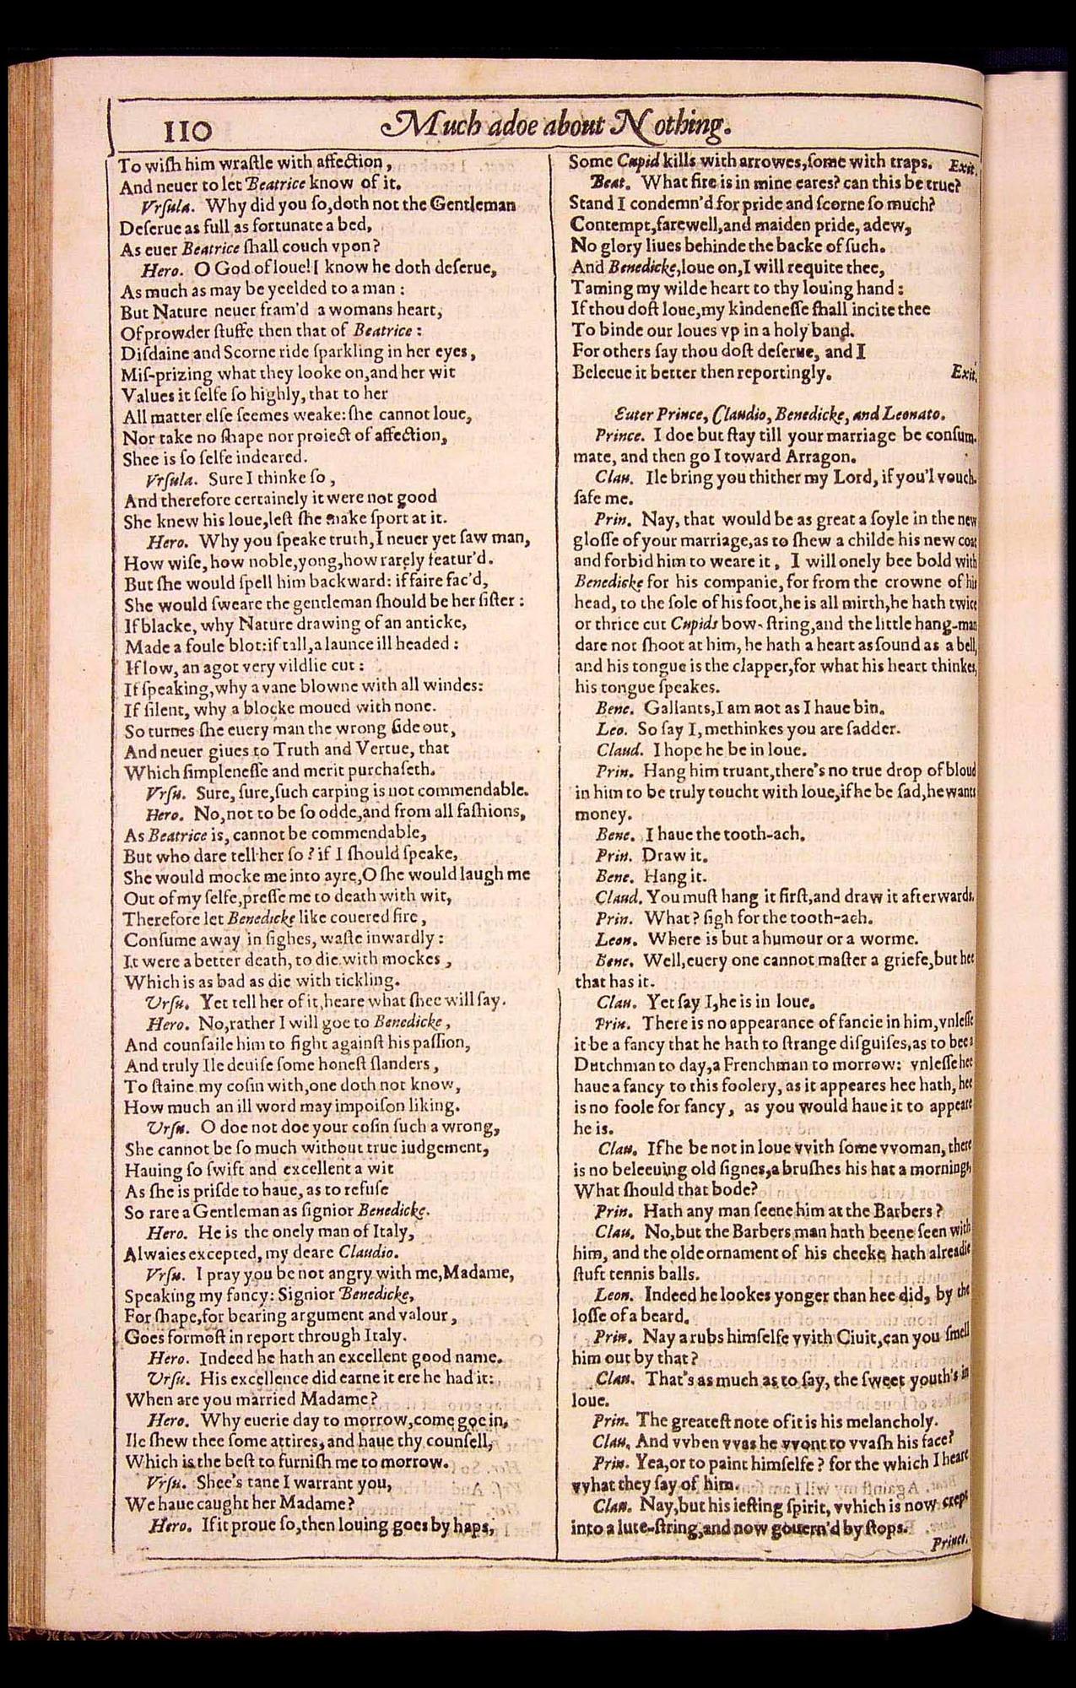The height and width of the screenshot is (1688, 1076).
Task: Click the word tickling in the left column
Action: pos(359,981)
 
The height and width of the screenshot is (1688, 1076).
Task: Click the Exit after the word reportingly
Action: pos(963,371)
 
